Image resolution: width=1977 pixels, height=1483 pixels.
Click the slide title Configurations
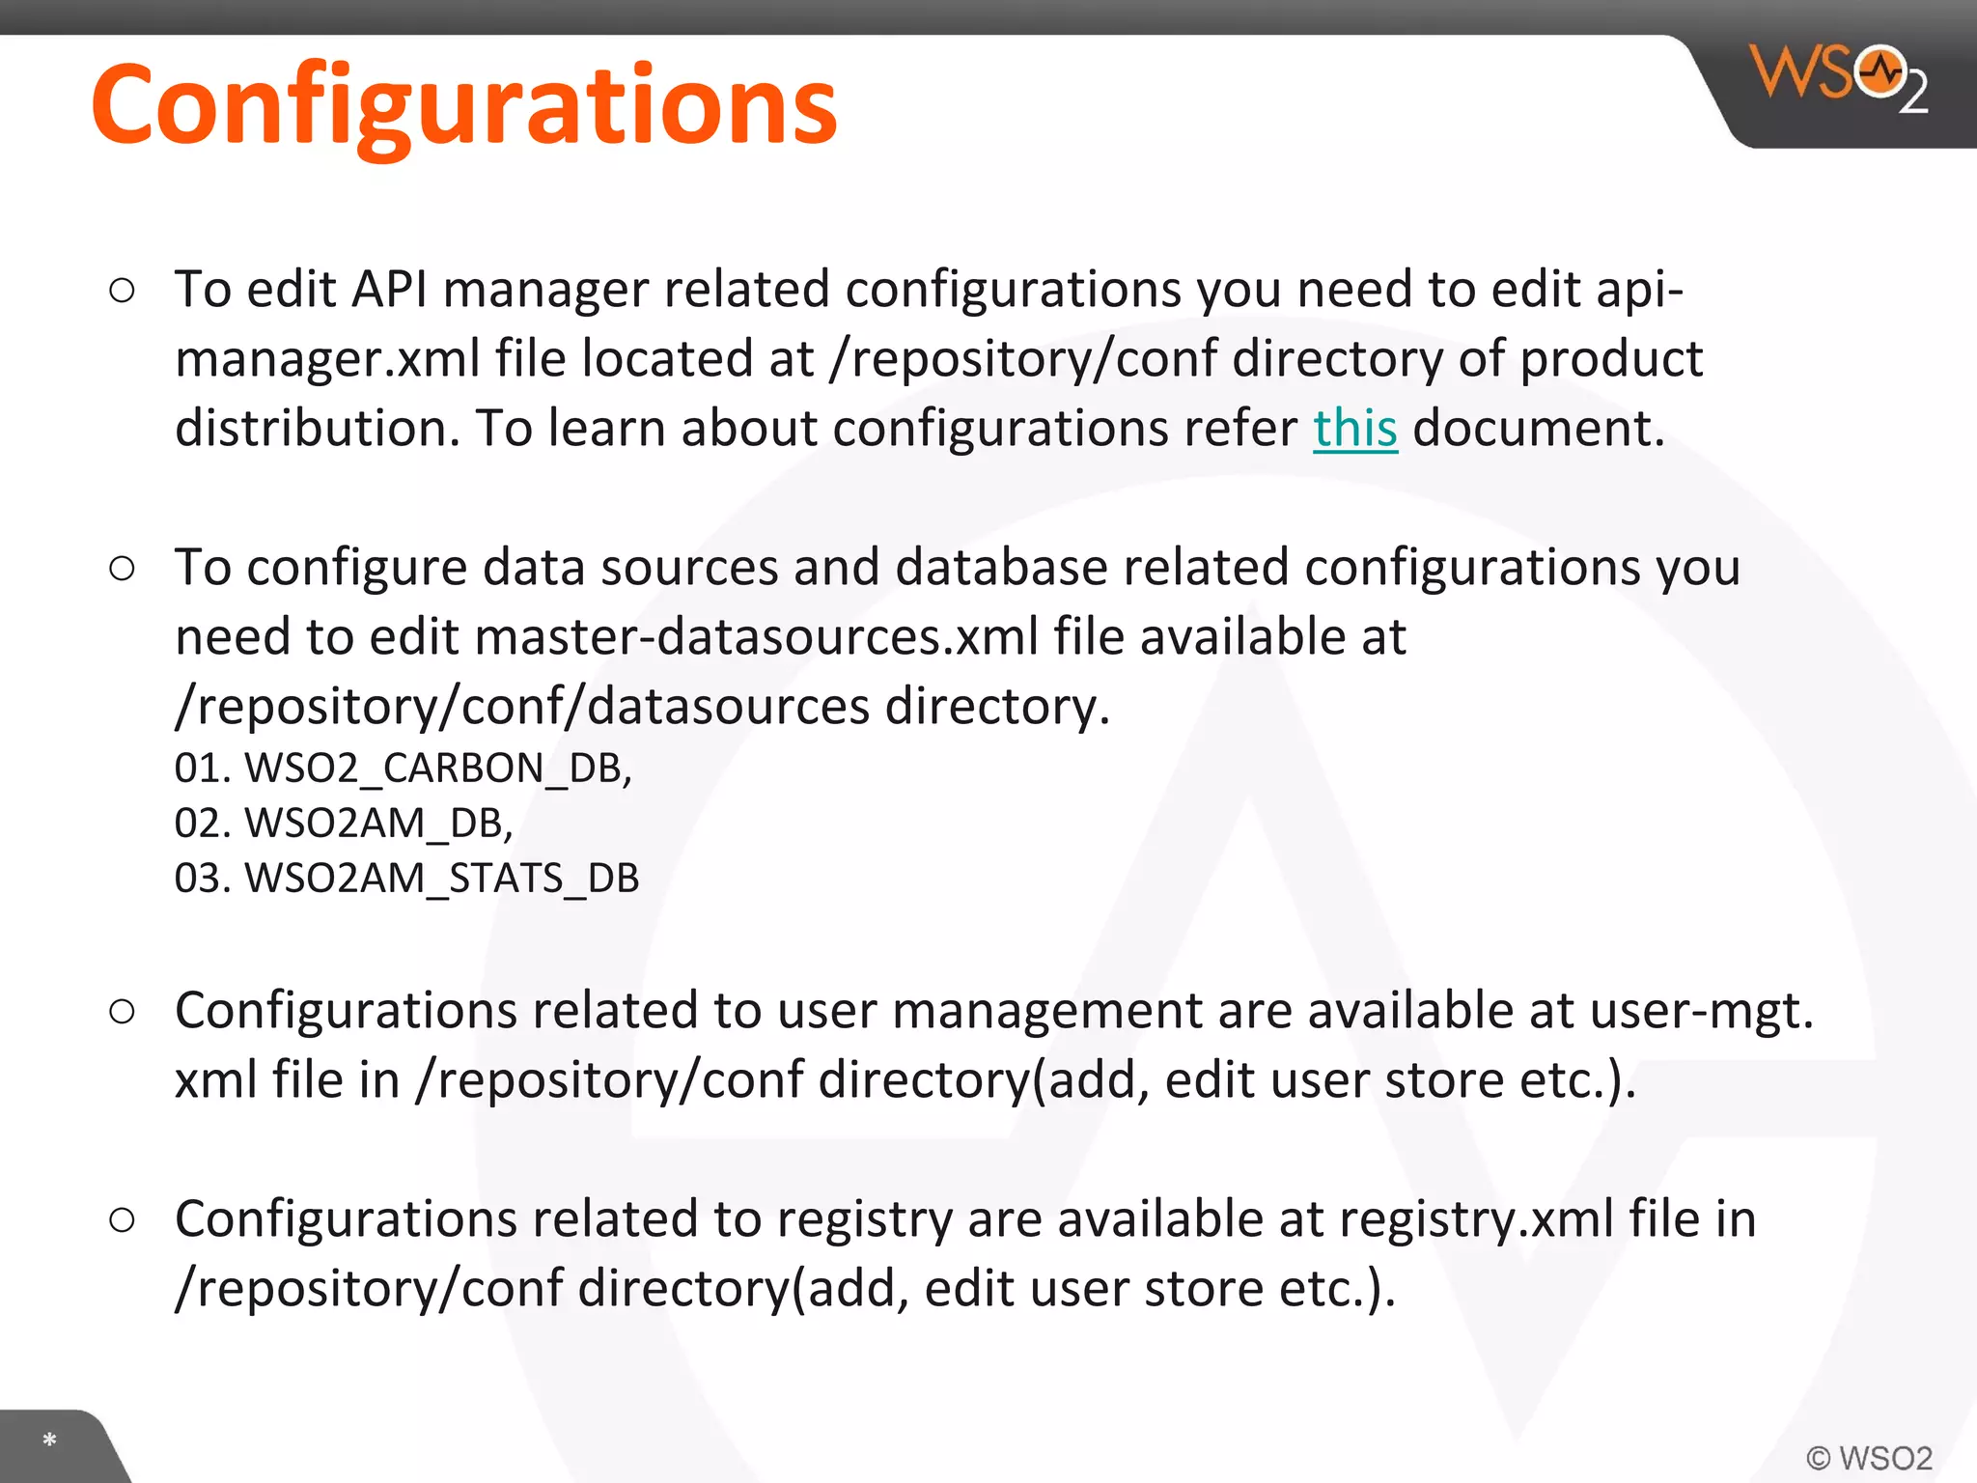(x=463, y=104)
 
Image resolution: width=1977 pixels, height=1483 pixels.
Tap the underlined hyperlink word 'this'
(x=1354, y=428)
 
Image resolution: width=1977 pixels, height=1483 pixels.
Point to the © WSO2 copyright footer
(x=1869, y=1458)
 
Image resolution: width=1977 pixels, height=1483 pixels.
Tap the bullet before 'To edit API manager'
(x=123, y=290)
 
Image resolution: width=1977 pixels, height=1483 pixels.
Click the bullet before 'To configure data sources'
(x=123, y=568)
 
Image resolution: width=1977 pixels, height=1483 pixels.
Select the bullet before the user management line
(x=123, y=1011)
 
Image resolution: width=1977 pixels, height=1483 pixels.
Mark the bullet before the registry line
(x=123, y=1219)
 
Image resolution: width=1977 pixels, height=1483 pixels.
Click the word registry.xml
(x=1476, y=1218)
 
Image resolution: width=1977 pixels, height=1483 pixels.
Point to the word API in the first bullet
(x=389, y=289)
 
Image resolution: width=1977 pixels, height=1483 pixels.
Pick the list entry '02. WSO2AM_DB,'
(x=343, y=824)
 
